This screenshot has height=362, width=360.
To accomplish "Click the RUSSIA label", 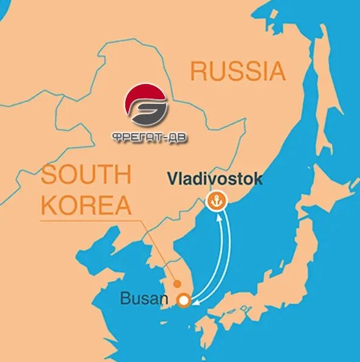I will pos(237,71).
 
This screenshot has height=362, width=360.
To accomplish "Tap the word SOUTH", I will pos(86,175).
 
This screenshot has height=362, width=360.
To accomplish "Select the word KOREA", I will pos(86,205).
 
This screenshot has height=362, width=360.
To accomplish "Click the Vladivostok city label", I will pos(215,179).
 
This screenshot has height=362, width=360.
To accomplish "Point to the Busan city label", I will pos(144,299).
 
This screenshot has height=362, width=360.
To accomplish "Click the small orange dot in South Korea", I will pos(177,283).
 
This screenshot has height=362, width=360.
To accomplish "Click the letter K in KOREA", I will pos(50,205).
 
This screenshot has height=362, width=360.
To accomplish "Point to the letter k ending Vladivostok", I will pos(258,179).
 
